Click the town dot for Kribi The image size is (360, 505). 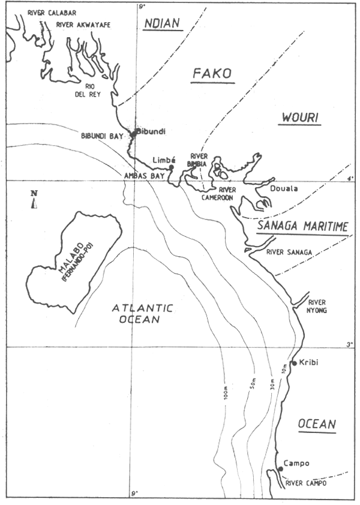[x=293, y=363]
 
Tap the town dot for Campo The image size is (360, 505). [x=280, y=468]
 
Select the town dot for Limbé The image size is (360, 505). [x=171, y=167]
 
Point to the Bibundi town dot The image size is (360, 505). [x=134, y=133]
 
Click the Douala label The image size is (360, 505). [x=286, y=188]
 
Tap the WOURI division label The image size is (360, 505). [x=299, y=118]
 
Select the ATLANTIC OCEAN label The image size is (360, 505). [x=143, y=314]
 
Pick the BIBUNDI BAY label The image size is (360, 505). [x=101, y=137]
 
